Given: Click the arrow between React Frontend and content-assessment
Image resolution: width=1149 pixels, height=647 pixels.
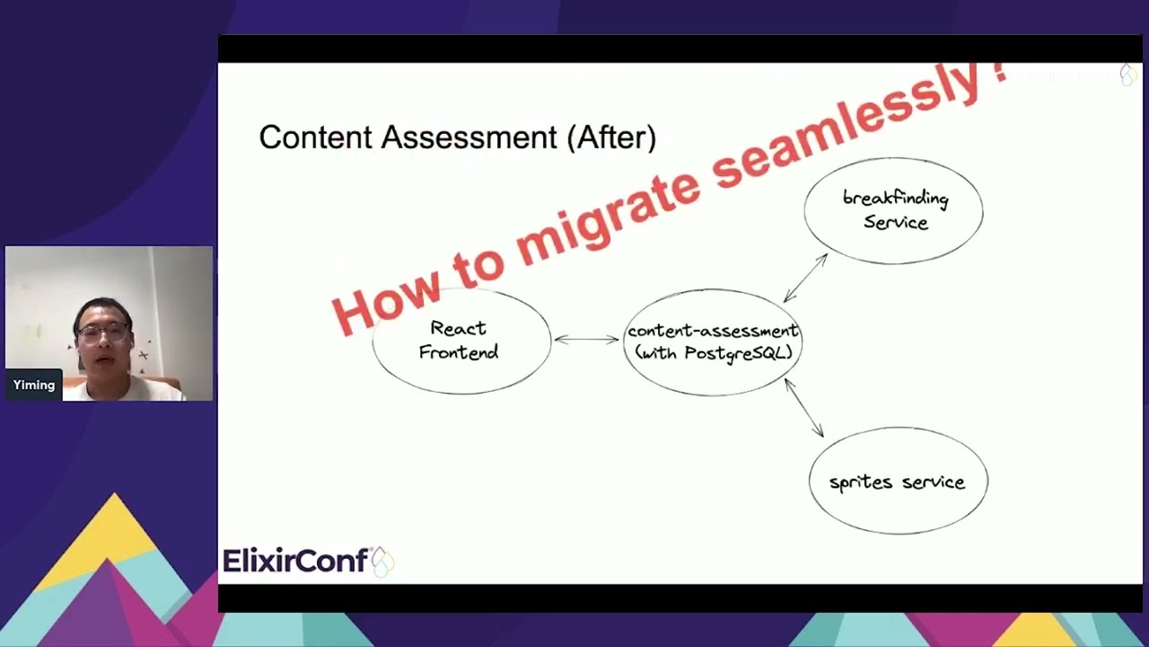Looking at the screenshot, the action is pos(587,340).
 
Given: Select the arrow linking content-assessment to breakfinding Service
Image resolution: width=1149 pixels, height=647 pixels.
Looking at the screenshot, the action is pos(805,278).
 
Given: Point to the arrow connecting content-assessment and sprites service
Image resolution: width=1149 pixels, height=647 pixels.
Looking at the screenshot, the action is pos(804,408).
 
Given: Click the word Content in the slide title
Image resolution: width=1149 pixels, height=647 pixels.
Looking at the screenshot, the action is pos(315,137).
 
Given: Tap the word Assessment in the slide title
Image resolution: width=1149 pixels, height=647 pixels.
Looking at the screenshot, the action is pos(469,137).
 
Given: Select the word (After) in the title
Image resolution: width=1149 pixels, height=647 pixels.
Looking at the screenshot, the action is pos(611,138).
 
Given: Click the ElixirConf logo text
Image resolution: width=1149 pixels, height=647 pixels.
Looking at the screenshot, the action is pos(295,560).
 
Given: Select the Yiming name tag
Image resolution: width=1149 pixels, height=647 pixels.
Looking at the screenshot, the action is pos(34,386).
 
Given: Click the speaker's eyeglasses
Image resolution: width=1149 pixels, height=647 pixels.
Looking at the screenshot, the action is pos(103,333).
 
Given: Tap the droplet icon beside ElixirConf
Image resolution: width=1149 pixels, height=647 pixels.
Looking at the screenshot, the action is pos(383,562).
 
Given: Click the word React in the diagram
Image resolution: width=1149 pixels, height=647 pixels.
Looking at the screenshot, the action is pos(458,328).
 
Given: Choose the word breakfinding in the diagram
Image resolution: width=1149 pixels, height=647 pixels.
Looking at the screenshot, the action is pos(896,199).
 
